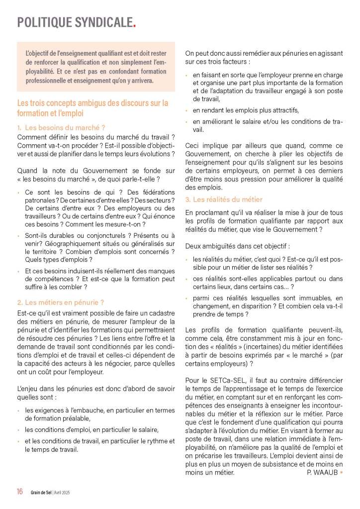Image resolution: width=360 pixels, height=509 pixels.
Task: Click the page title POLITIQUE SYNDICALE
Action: click(75, 22)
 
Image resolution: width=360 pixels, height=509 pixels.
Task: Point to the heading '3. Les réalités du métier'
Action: click(224, 200)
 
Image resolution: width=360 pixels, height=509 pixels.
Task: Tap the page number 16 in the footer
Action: click(19, 492)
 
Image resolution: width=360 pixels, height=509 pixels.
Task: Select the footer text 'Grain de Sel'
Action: click(40, 492)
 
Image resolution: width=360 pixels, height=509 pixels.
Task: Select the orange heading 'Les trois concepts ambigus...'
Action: click(92, 108)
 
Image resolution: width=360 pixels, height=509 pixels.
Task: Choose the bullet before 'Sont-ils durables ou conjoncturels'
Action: click(19, 235)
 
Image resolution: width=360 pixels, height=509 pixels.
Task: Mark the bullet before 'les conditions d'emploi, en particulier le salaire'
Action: click(19, 429)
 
